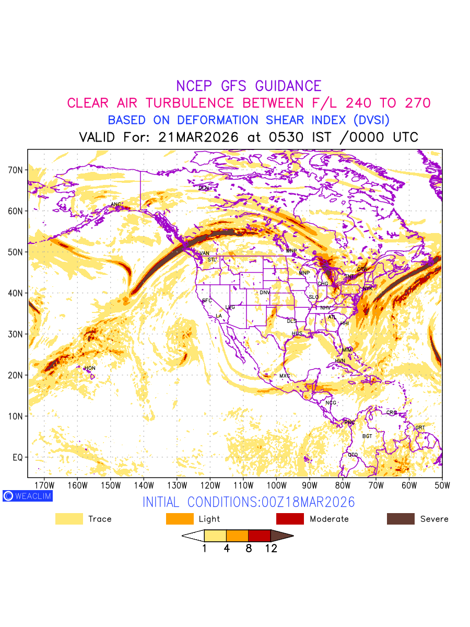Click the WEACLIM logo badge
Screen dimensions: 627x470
(27, 496)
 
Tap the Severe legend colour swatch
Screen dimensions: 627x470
(401, 519)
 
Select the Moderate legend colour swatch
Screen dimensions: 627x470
(290, 519)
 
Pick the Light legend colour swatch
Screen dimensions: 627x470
(180, 519)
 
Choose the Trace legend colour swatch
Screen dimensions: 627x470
(69, 519)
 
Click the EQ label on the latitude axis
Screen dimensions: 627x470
(18, 458)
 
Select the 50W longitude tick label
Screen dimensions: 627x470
(442, 485)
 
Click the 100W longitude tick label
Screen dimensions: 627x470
(276, 485)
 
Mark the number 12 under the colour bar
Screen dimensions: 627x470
(271, 549)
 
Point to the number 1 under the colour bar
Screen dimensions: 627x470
(204, 549)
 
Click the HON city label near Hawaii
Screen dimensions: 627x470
(90, 368)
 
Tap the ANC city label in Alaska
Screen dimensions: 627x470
(116, 204)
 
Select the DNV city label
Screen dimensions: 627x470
(265, 293)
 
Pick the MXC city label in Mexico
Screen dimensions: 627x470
(285, 376)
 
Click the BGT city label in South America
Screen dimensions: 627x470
(367, 436)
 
